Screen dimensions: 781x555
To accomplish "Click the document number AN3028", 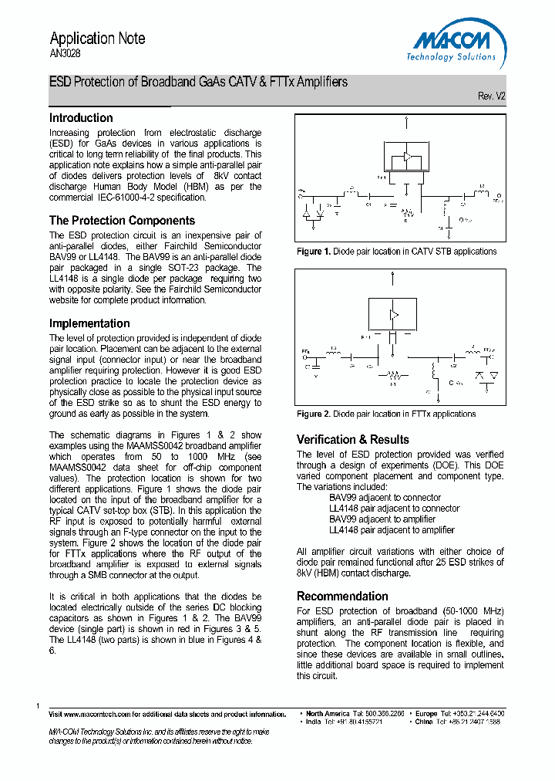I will click(65, 54).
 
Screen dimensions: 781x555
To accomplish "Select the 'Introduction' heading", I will click(81, 118).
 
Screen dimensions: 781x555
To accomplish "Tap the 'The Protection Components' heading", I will click(122, 221).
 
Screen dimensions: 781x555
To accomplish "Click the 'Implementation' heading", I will click(89, 323).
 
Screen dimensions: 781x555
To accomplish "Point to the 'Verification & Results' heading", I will click(352, 440).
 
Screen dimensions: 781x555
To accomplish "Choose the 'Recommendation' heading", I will click(342, 597).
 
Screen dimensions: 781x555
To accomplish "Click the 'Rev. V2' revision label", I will click(491, 96).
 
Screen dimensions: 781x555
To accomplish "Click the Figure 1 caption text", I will click(396, 252).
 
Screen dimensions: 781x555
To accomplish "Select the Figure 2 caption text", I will click(386, 414).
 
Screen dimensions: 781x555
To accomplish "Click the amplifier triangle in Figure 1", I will click(405, 157).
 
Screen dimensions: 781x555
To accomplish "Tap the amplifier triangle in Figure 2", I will click(394, 315).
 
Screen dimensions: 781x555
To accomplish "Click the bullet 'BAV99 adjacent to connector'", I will click(385, 498).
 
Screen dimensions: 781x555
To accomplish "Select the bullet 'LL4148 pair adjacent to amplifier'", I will click(391, 530).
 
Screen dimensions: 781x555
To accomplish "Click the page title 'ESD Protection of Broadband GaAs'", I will click(198, 82).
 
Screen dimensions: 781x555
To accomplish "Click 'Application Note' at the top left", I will click(97, 39).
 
